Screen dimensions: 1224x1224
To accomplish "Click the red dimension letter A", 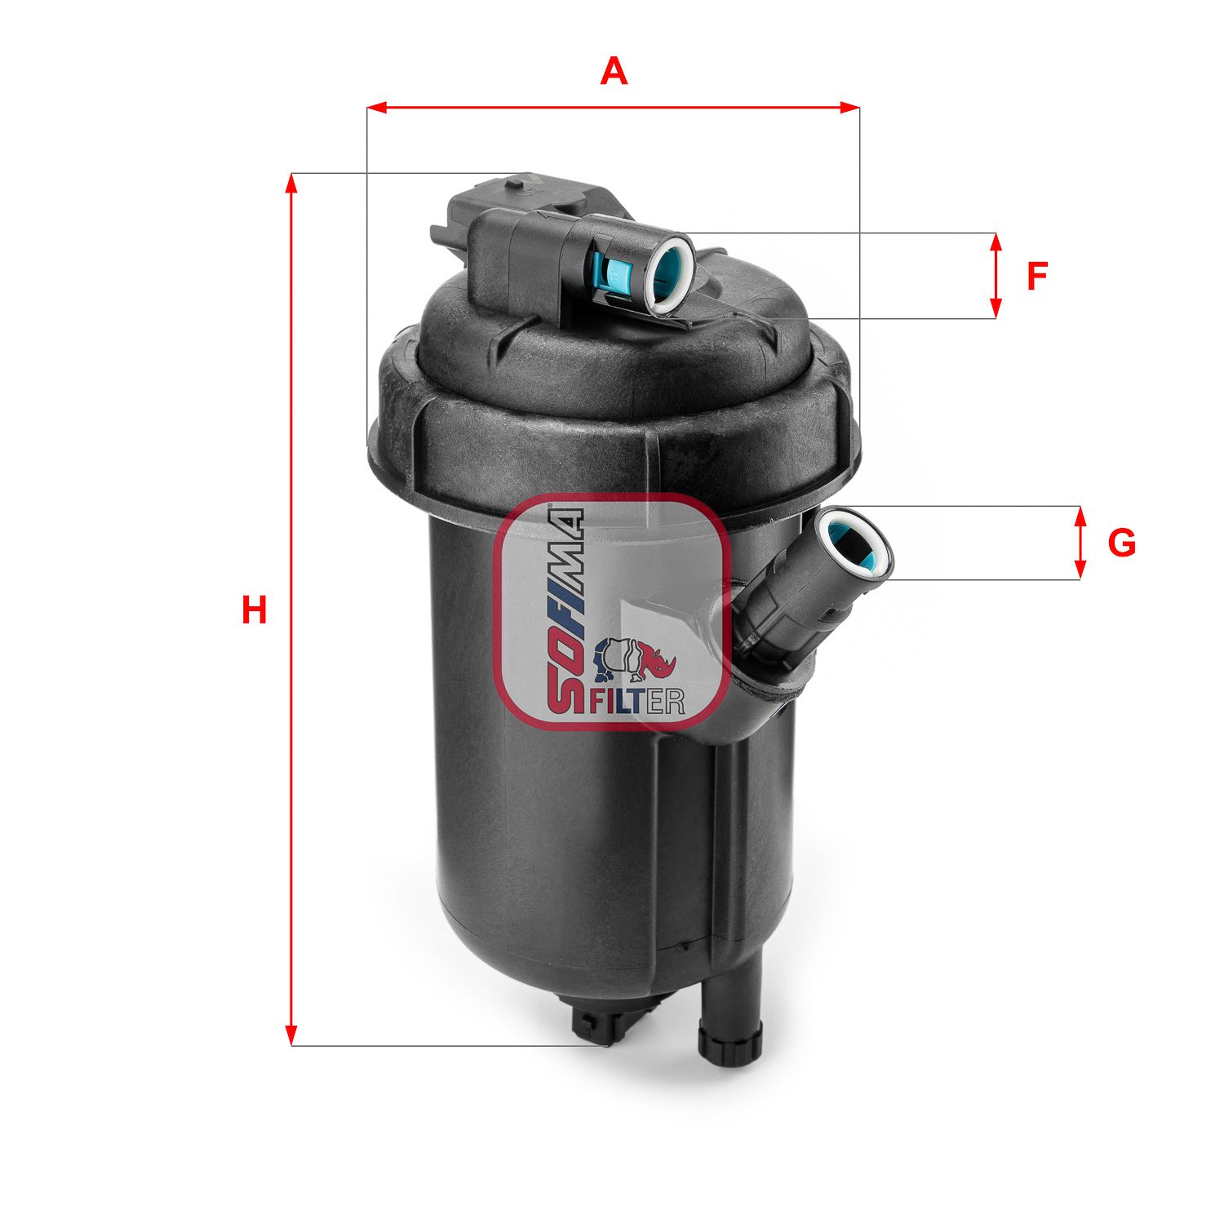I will [x=614, y=72].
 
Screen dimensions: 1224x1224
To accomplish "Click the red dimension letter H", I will [x=254, y=610].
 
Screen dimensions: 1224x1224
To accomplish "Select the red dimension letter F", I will [x=1036, y=277].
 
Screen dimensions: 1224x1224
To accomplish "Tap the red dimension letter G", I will [x=1121, y=543].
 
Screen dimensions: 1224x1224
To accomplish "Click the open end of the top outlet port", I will [x=672, y=274].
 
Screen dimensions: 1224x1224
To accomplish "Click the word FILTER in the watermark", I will [x=637, y=700].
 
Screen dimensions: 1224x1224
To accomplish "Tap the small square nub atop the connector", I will [x=516, y=184].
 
